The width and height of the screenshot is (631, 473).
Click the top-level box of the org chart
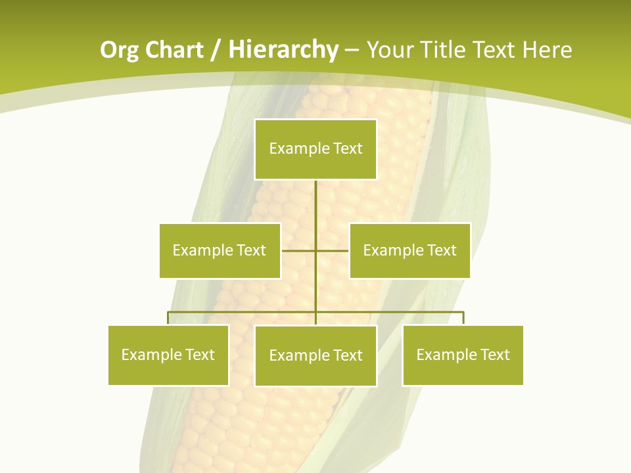[x=315, y=149]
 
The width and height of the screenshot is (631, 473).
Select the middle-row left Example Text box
[x=220, y=250]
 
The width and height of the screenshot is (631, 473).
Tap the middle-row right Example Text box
[x=409, y=250]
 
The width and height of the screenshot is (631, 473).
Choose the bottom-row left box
[x=168, y=355]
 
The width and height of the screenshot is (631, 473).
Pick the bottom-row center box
[x=315, y=355]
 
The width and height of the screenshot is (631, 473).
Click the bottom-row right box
[x=463, y=355]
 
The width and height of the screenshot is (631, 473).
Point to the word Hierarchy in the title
[x=283, y=50]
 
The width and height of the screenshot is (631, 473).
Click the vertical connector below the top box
[x=315, y=204]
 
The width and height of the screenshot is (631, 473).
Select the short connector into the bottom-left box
[x=168, y=318]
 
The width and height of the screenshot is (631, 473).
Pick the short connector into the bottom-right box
[x=463, y=318]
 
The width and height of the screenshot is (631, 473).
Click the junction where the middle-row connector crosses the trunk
[x=315, y=250]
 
